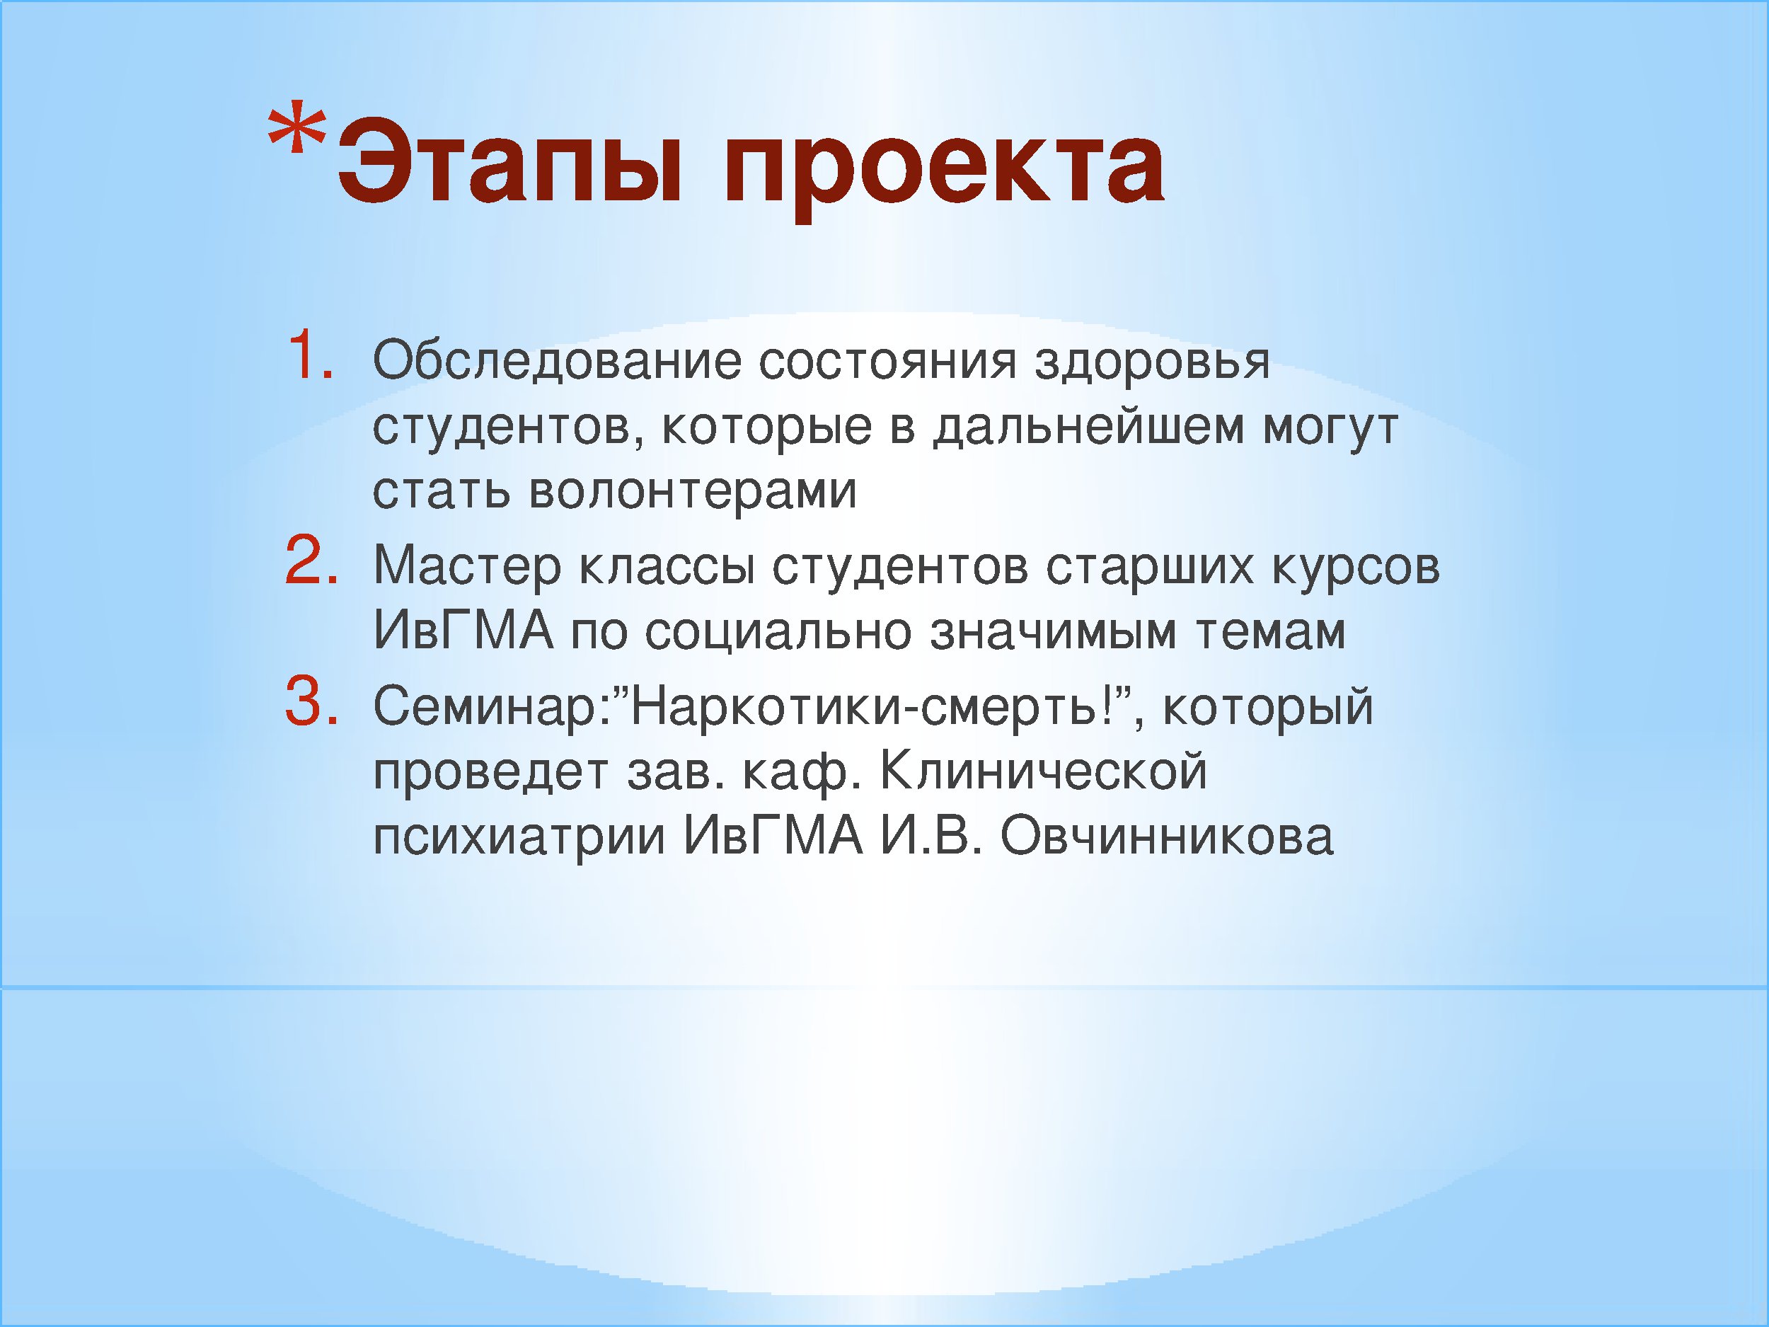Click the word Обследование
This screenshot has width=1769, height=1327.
[x=558, y=362]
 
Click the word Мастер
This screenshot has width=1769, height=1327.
[x=468, y=566]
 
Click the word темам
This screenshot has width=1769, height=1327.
[x=1271, y=633]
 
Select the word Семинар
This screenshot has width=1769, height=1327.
[x=484, y=708]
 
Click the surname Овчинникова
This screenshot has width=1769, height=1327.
[x=1167, y=837]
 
